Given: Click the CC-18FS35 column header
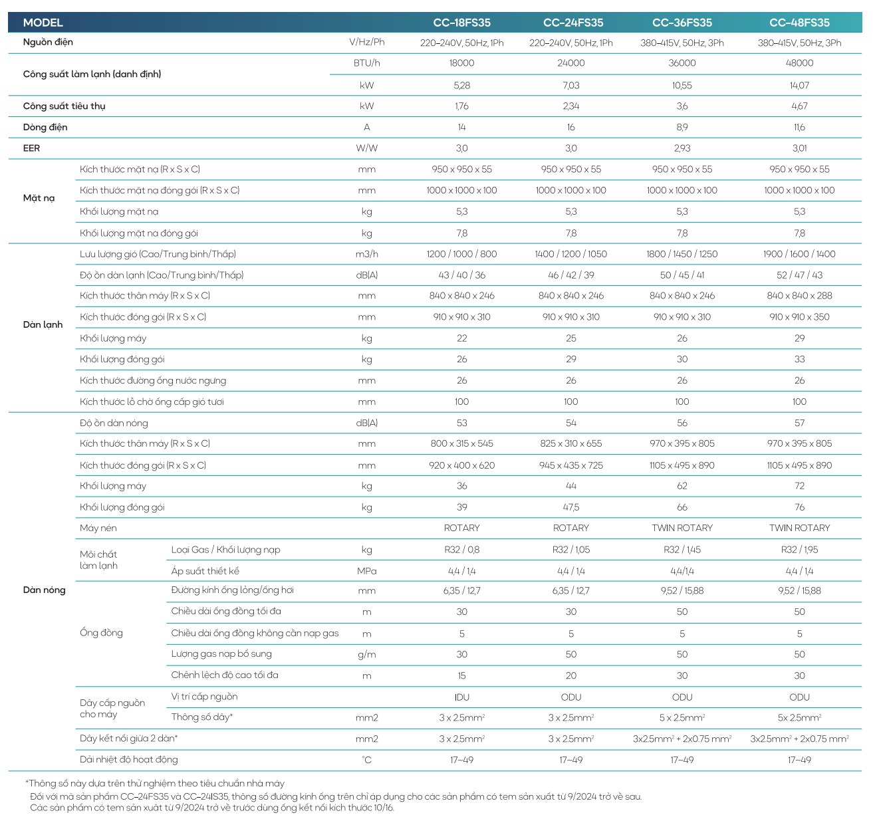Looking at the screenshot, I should pos(461,23).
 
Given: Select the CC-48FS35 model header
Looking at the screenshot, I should pos(799,23).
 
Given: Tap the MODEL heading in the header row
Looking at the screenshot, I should pos(43,23).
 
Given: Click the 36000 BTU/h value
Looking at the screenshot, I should pos(682,63).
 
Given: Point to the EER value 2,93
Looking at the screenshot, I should pos(682,148).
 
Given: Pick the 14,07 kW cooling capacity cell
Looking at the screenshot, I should pos(799,85).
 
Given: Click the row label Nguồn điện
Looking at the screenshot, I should pos(48,42).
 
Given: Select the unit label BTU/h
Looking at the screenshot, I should pos(366,63).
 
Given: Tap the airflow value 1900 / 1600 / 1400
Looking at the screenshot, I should pos(799,254).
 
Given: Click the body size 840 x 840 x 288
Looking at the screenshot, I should pos(799,296).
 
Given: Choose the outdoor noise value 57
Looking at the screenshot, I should pos(799,423).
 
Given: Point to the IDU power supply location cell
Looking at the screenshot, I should pos(461,697).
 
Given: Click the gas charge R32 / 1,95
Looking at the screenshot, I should pos(799,550).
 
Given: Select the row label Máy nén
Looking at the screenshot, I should pos(98,528).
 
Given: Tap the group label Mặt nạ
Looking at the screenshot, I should pos(39,198).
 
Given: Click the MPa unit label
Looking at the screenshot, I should pos(366,571).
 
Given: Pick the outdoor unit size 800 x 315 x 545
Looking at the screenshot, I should pos(461,443).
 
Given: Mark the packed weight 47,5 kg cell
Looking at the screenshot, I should pos(570,507).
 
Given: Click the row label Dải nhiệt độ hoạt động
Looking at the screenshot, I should pos(129,759).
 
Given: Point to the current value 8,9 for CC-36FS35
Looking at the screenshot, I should pos(682,127).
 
